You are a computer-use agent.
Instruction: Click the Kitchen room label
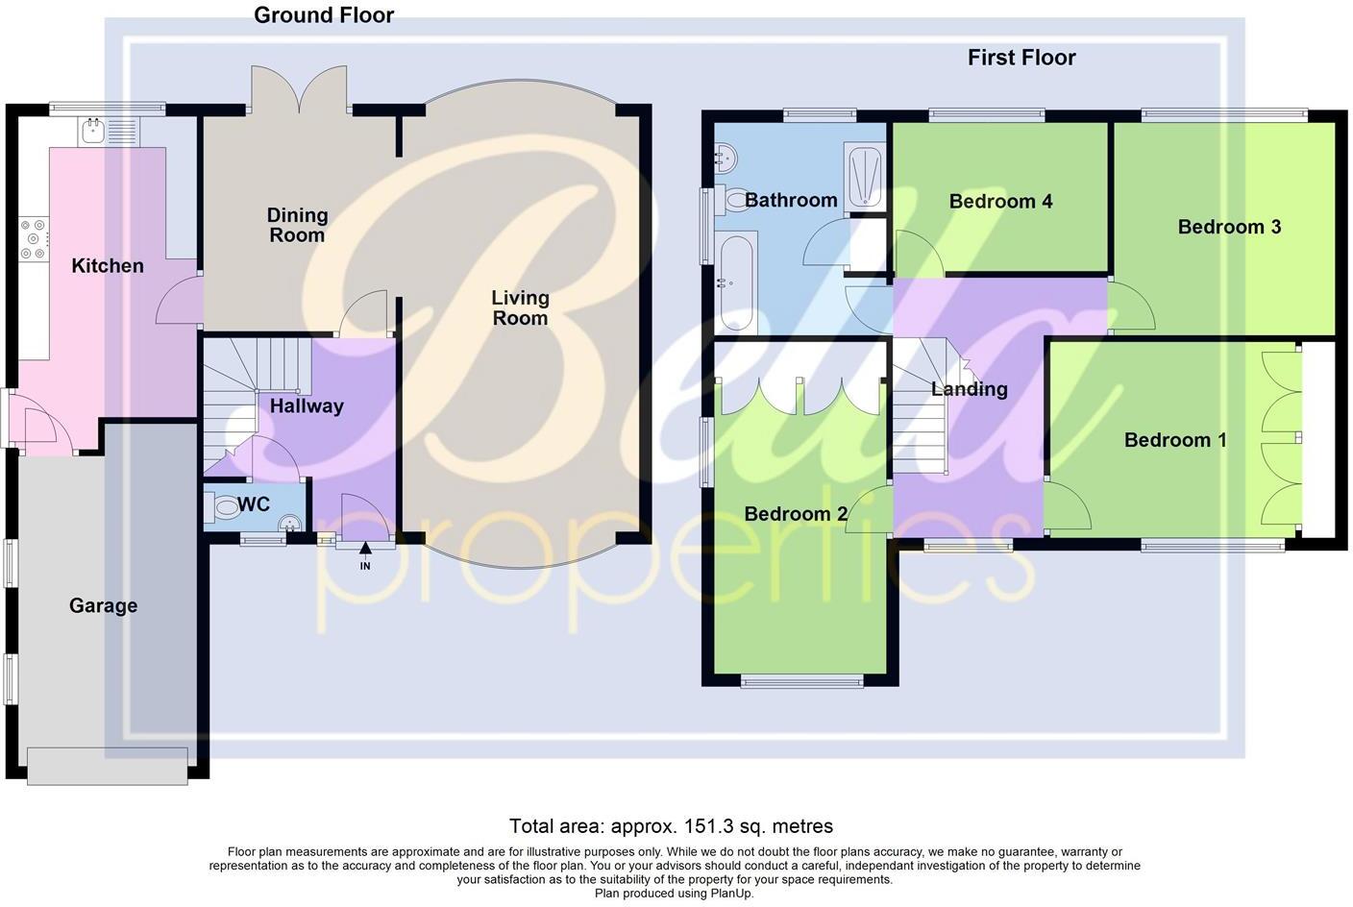pos(108,266)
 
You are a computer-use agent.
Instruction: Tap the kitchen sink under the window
pos(94,132)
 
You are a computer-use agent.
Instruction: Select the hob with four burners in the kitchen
pos(33,240)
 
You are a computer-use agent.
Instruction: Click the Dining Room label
pos(297,225)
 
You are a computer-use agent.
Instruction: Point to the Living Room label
pos(520,307)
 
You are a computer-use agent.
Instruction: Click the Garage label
pos(103,605)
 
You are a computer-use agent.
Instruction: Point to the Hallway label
pos(307,405)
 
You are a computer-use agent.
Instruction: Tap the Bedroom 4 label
pos(1000,201)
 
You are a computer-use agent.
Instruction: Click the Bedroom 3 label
pos(1229,227)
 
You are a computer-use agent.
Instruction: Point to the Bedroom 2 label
pos(796,514)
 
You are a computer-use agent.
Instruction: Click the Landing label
pos(970,389)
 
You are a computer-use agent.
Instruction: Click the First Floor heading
pos(1021,58)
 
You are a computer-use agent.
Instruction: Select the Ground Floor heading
pos(324,14)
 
